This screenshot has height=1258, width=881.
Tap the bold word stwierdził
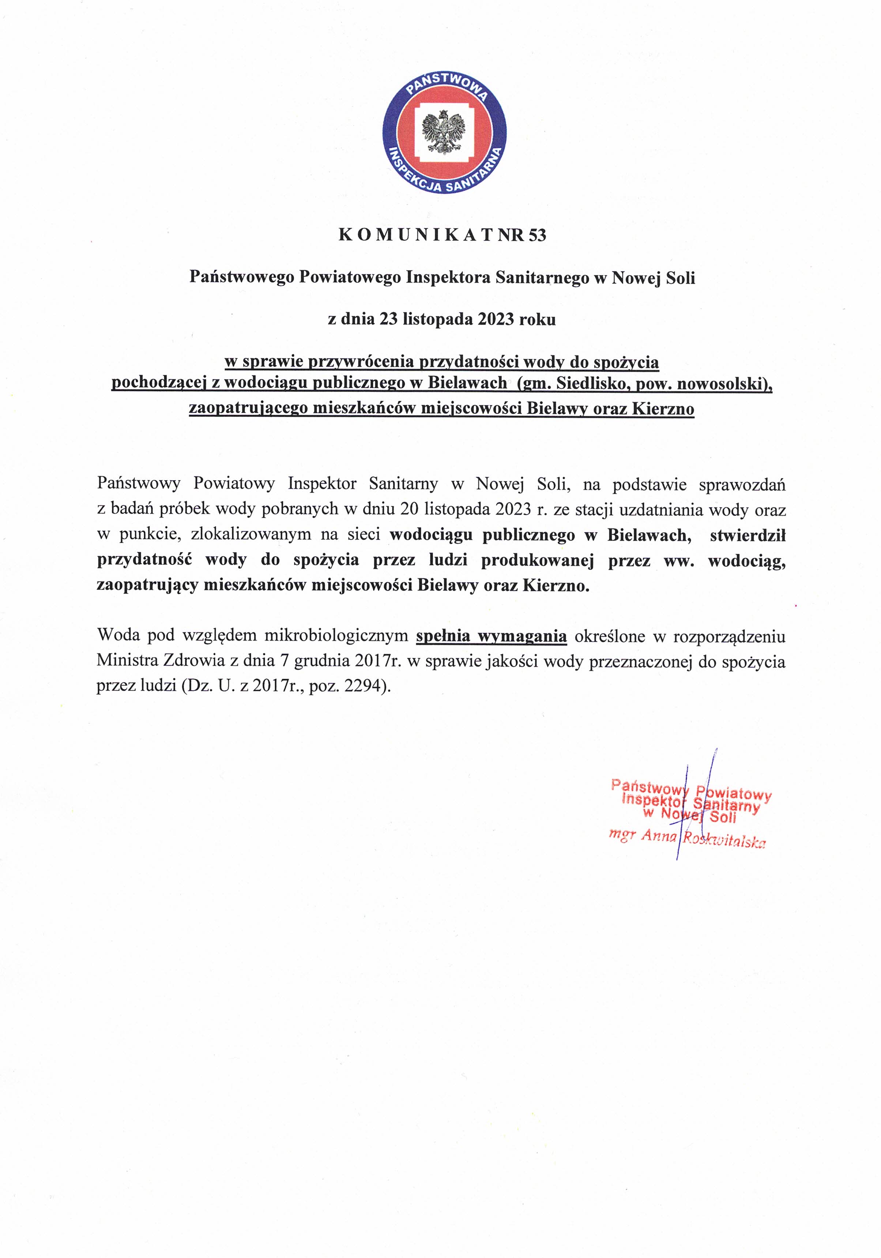[x=748, y=535]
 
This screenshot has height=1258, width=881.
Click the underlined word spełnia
[x=443, y=636]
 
